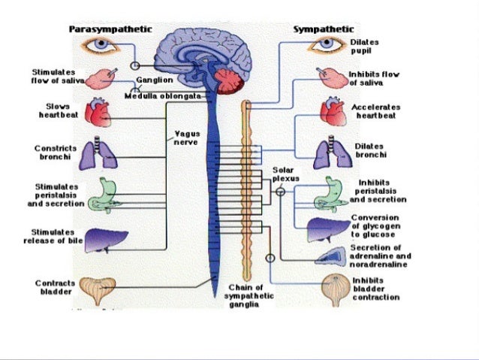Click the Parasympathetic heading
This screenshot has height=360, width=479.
(x=110, y=29)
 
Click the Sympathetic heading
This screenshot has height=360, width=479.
(x=324, y=29)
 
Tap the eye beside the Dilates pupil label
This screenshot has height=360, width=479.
(x=327, y=44)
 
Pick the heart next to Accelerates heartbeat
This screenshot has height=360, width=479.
(x=332, y=112)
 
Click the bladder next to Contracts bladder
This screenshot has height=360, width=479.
(x=99, y=289)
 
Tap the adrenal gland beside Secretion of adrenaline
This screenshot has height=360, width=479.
(x=328, y=256)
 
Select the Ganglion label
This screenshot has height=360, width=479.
(x=155, y=79)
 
